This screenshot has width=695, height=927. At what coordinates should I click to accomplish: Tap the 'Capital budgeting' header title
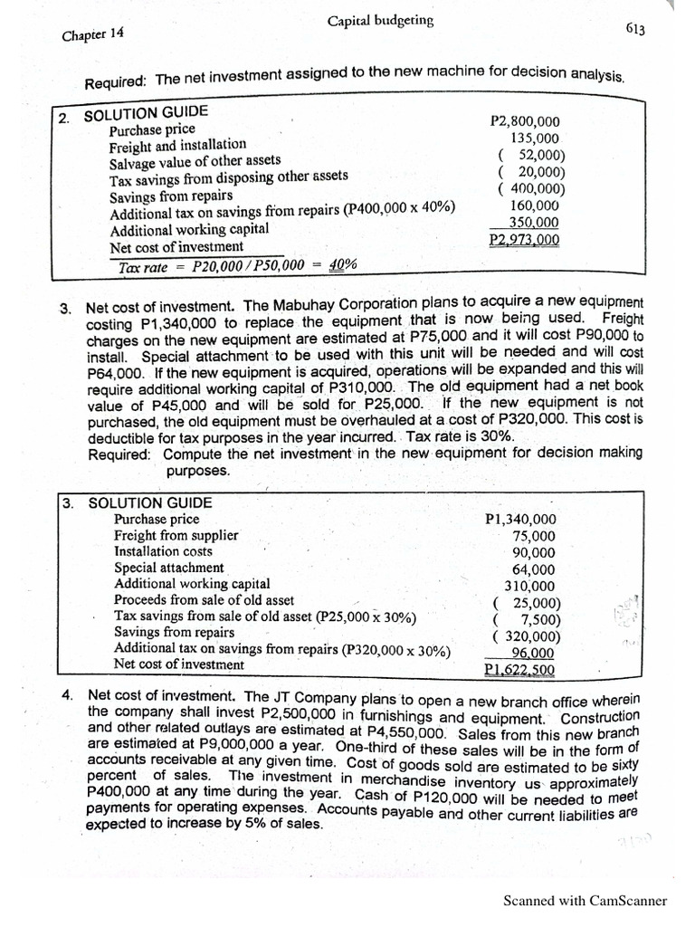pyautogui.click(x=380, y=21)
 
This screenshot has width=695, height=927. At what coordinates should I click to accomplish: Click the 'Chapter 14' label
pyautogui.click(x=92, y=35)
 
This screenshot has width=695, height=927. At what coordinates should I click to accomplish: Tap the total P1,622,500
pyautogui.click(x=520, y=671)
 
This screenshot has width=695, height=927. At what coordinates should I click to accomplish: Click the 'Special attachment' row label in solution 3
pyautogui.click(x=157, y=568)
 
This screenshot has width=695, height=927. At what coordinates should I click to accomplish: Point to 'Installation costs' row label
pyautogui.click(x=163, y=551)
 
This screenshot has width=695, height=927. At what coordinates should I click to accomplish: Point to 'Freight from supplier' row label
pyautogui.click(x=176, y=535)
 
